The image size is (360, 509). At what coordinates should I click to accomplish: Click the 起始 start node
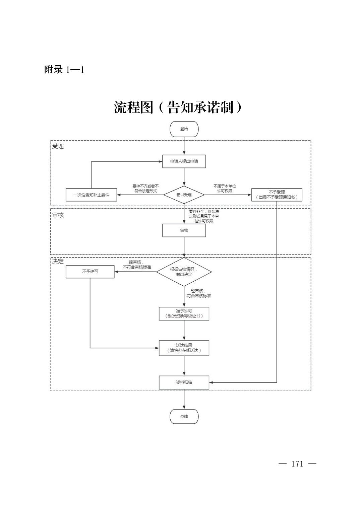184,129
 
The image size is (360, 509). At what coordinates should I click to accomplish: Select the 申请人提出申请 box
184,161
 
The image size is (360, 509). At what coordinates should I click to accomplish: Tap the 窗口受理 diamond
184,195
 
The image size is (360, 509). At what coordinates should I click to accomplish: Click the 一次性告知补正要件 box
91,195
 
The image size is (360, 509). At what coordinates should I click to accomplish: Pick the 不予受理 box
277,195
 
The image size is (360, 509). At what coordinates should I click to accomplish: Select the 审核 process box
184,230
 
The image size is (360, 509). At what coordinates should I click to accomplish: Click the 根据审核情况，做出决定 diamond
184,272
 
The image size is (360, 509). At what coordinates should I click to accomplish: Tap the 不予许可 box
90,272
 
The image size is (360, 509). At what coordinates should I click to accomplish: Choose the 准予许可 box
184,313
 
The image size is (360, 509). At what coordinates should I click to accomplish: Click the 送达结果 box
184,348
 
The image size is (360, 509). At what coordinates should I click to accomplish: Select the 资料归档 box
184,382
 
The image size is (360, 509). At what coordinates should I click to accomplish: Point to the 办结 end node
184,416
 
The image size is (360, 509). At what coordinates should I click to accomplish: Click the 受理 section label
58,146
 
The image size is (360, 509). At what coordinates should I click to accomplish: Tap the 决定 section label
58,261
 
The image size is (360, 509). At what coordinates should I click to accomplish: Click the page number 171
297,464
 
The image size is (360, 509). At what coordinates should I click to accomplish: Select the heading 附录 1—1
64,70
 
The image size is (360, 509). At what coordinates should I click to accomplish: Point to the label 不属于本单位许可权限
225,188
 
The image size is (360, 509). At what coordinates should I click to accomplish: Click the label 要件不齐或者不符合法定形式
145,188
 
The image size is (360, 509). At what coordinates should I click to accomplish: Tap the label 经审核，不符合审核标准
137,265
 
